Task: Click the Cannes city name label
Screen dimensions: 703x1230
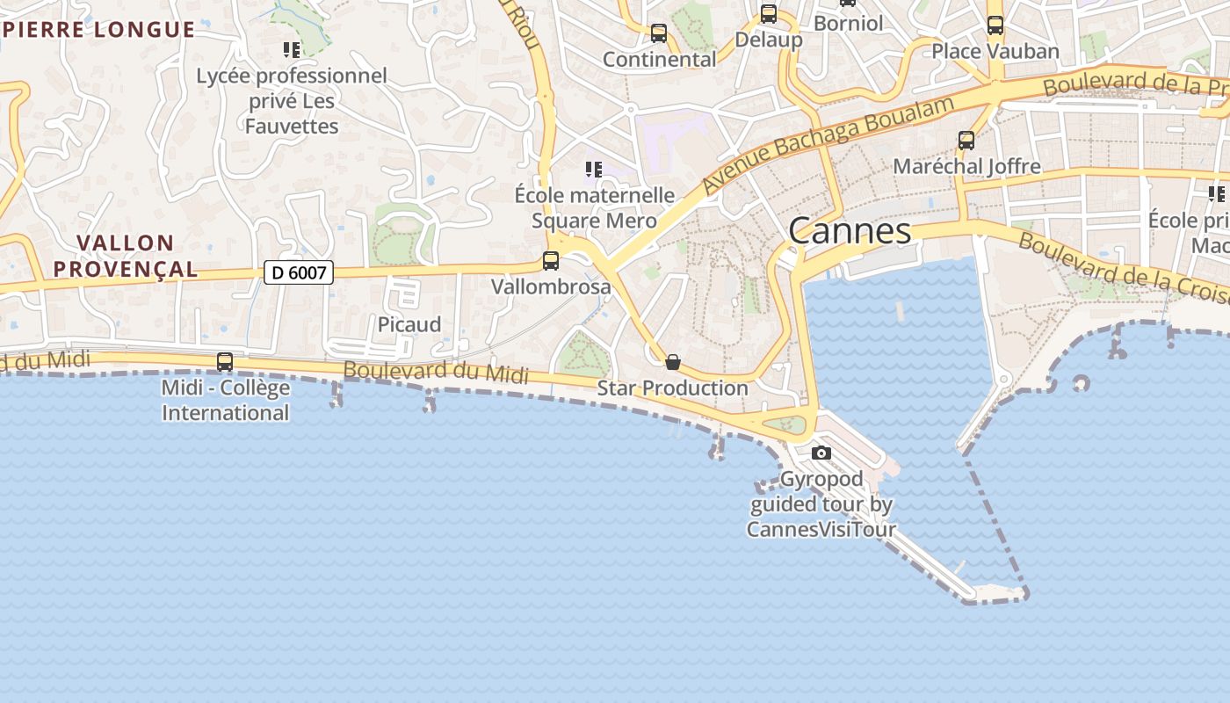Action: [850, 231]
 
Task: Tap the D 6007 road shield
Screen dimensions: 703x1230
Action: [299, 272]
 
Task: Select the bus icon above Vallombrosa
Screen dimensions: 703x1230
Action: [551, 261]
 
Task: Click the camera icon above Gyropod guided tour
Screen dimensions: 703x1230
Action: [821, 453]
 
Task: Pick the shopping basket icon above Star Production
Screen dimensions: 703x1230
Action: [673, 362]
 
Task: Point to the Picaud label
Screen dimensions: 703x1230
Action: [409, 324]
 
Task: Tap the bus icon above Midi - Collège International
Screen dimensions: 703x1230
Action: [225, 362]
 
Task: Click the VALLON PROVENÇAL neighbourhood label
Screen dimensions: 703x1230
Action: [126, 256]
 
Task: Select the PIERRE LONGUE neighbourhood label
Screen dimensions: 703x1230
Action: [98, 30]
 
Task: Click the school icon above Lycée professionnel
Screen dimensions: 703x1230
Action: [292, 50]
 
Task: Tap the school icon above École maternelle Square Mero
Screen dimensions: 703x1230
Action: [594, 169]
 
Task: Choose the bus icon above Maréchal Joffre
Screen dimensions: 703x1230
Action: [966, 141]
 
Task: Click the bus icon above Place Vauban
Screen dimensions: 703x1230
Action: [995, 25]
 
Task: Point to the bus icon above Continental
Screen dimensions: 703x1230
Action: [659, 33]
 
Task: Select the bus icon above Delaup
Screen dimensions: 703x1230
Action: [769, 14]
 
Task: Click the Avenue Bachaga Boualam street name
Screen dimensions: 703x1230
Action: [828, 145]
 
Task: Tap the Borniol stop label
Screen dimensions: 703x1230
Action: [848, 23]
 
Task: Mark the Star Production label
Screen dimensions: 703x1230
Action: [673, 388]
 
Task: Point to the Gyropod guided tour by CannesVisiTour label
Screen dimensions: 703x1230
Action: [821, 504]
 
